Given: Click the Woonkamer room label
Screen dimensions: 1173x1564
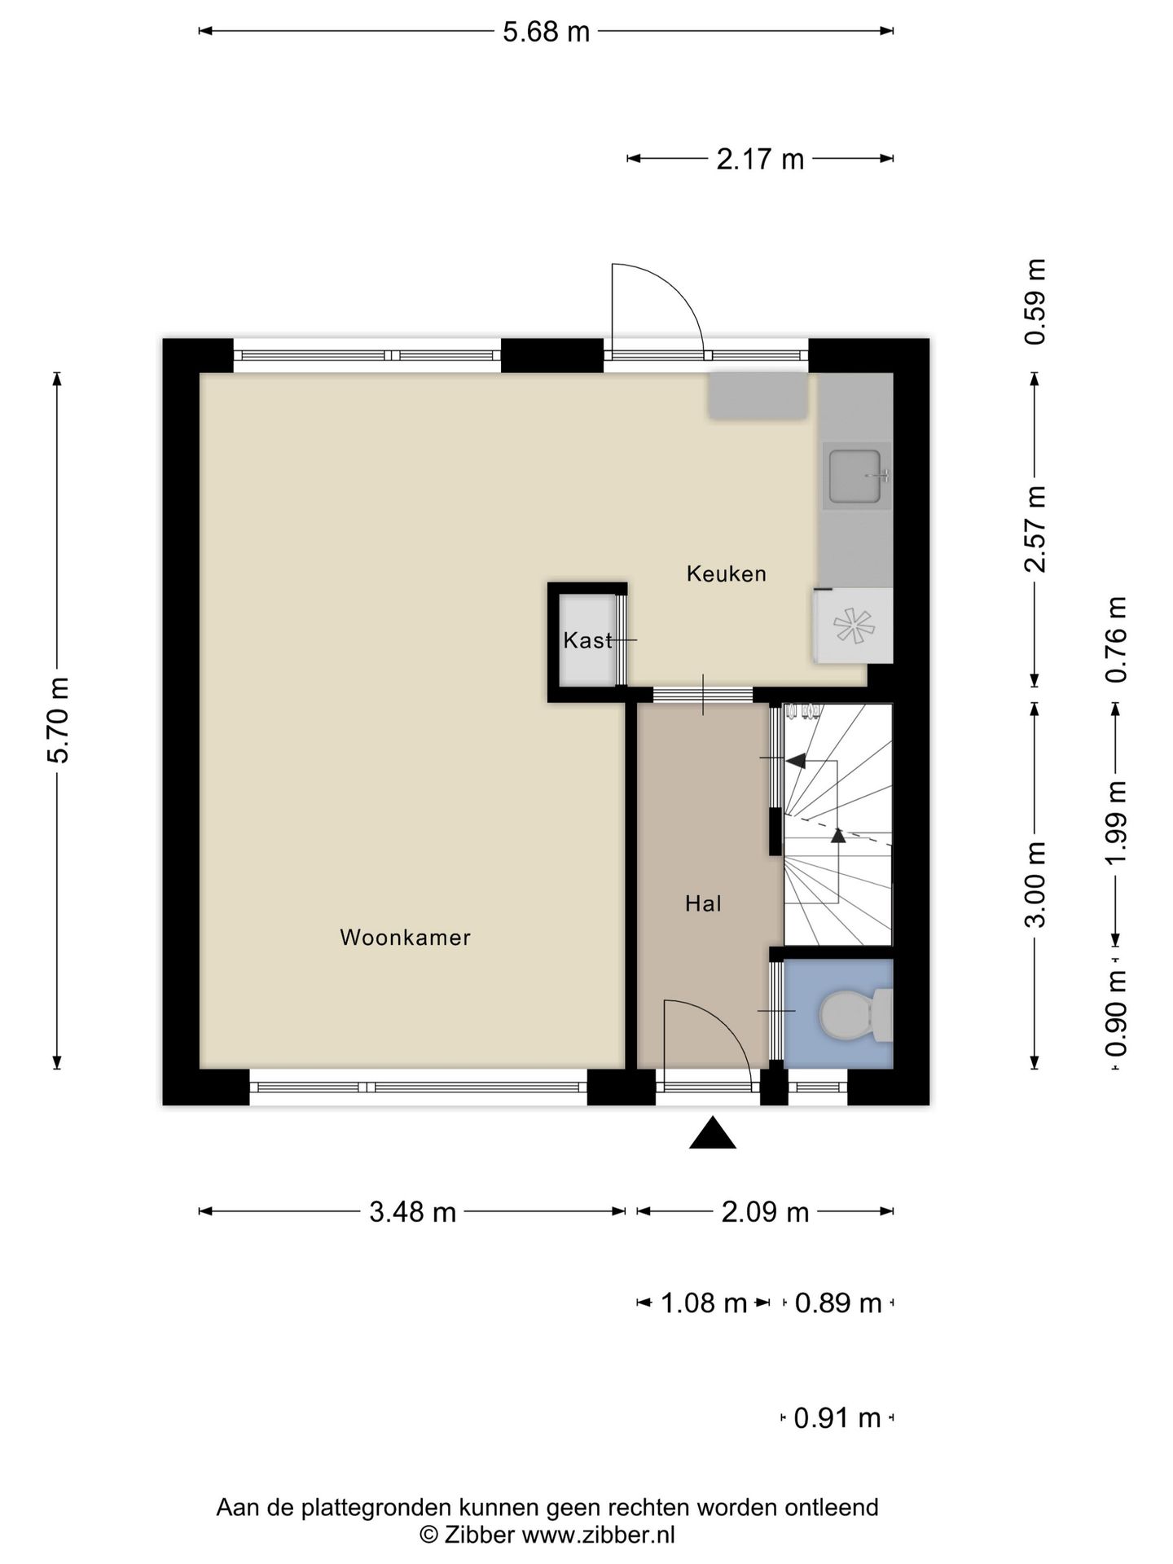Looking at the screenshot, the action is pyautogui.click(x=405, y=938).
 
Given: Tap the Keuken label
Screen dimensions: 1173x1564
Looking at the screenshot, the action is pyautogui.click(x=727, y=573).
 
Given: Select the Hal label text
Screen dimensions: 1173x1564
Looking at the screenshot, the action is pyautogui.click(x=703, y=903).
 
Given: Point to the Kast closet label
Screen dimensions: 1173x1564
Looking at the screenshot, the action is pyautogui.click(x=587, y=640).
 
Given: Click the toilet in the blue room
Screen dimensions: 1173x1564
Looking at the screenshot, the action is pyautogui.click(x=855, y=1014).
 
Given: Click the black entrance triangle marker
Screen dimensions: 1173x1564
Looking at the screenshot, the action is pyautogui.click(x=713, y=1132).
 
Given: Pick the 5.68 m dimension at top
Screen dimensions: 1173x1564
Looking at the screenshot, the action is pyautogui.click(x=546, y=32).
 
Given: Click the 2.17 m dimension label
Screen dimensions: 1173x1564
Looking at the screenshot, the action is pyautogui.click(x=760, y=159).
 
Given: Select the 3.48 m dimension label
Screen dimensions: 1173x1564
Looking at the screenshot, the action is pyautogui.click(x=412, y=1212).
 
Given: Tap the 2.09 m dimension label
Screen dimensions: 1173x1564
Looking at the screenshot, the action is pyautogui.click(x=765, y=1212).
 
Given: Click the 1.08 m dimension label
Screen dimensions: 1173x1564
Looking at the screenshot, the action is pyautogui.click(x=704, y=1303).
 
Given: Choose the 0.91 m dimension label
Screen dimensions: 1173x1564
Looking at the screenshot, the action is pyautogui.click(x=837, y=1418).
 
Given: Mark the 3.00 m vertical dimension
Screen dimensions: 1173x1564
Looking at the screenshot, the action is pyautogui.click(x=1035, y=885).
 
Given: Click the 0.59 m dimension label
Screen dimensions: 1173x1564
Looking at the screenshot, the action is pyautogui.click(x=1035, y=302).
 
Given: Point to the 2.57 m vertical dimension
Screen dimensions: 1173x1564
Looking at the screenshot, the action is pyautogui.click(x=1035, y=529).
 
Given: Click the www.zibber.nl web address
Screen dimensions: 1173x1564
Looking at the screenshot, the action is pyautogui.click(x=598, y=1535).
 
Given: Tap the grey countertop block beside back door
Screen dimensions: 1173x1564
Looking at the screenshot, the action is pyautogui.click(x=758, y=396).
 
